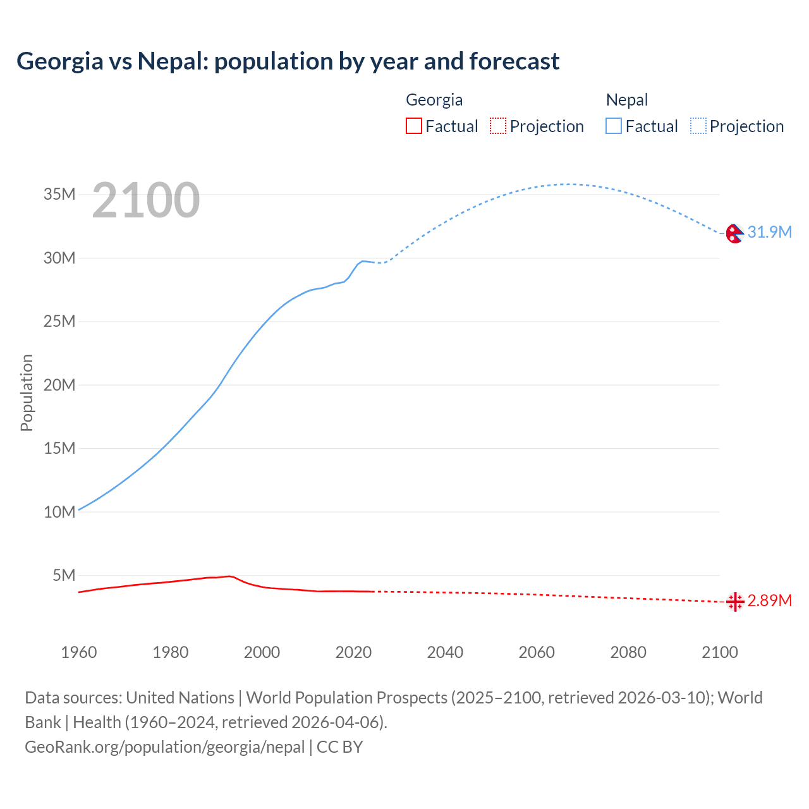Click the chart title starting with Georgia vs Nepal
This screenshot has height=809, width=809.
[x=288, y=61]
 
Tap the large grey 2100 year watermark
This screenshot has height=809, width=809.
[x=146, y=200]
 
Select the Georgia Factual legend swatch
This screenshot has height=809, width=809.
[x=413, y=126]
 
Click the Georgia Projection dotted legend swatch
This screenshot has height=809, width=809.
[x=498, y=126]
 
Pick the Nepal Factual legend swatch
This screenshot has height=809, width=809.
[x=614, y=126]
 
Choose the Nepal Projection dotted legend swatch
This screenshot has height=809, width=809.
[x=698, y=126]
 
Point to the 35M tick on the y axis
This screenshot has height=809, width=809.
[x=59, y=194]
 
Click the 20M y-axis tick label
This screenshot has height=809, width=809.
[x=59, y=385]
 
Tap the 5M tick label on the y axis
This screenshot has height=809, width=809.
[x=64, y=575]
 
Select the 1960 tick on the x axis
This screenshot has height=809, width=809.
[x=79, y=652]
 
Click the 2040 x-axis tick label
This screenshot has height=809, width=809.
[x=445, y=652]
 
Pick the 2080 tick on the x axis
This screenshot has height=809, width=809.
[x=628, y=652]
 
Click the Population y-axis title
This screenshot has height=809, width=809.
[x=27, y=392]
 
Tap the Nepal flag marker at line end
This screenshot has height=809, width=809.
[x=734, y=233]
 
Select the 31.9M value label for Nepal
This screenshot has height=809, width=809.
[x=769, y=232]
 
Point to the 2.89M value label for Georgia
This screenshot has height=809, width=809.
[x=769, y=600]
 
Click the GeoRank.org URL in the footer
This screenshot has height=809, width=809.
[x=164, y=747]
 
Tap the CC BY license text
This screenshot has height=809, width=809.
[x=339, y=747]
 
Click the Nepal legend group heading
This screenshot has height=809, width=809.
[x=626, y=100]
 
